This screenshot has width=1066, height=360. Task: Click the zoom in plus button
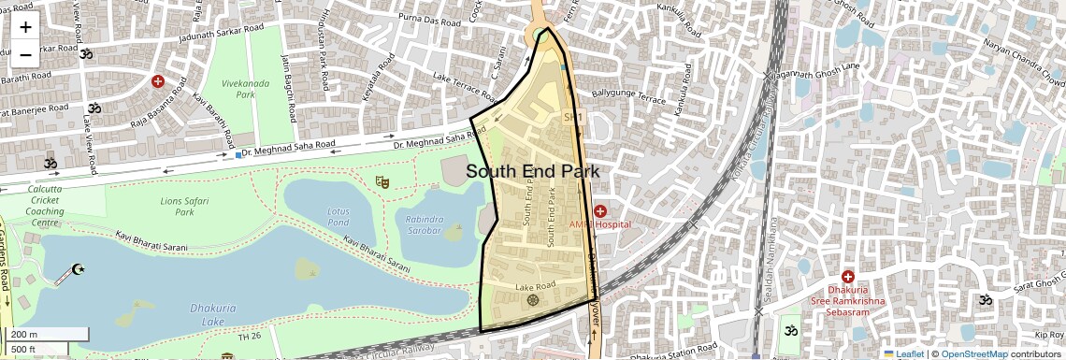click(25, 27)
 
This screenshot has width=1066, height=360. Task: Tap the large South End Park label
click(532, 171)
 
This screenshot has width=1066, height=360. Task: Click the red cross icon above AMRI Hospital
click(599, 211)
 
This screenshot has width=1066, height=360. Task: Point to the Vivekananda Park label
click(238, 89)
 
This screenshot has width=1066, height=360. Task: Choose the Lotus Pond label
click(338, 216)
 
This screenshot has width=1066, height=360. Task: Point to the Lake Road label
click(536, 285)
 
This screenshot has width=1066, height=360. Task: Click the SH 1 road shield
click(573, 117)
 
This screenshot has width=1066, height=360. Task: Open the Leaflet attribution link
click(903, 353)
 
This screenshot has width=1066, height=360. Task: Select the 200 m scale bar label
click(25, 335)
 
